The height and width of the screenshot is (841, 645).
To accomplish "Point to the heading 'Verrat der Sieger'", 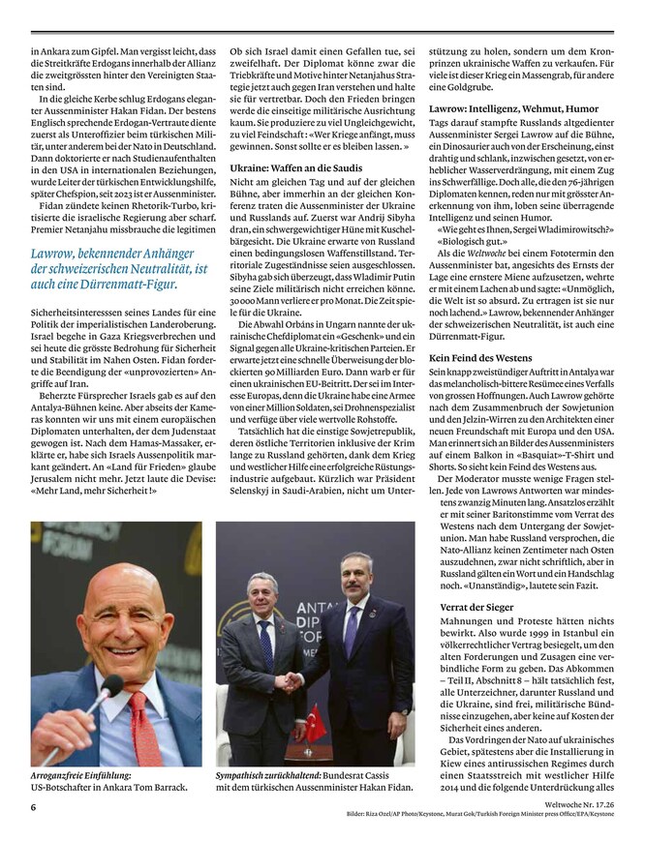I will pos(466,607).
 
